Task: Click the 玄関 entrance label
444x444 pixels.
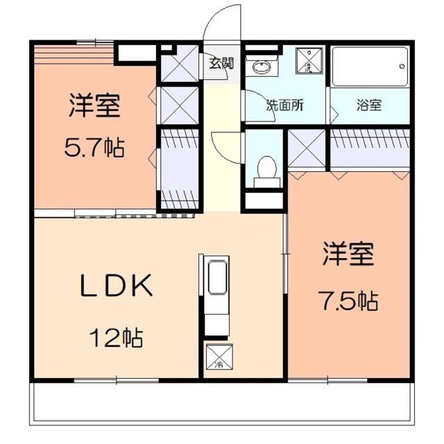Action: point(222,63)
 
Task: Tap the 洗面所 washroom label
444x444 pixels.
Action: point(285,106)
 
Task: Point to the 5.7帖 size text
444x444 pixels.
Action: point(96,146)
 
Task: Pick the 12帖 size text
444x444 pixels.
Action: point(114,338)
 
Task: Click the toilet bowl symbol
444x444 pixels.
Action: point(265,168)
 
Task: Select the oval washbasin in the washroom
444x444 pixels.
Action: point(262,67)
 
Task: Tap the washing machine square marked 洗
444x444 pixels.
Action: point(307,62)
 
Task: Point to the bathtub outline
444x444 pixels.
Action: point(368,67)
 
